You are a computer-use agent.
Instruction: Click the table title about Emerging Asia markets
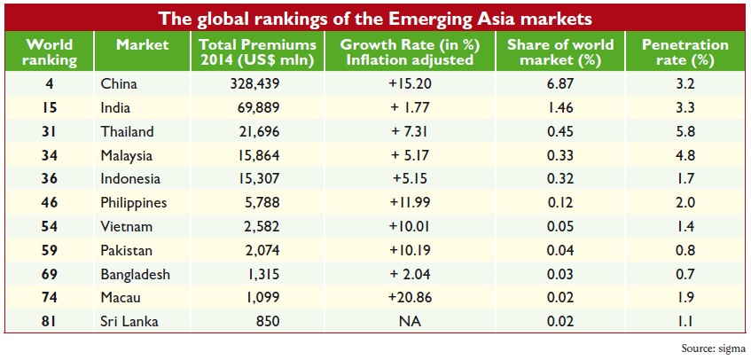coord(375,17)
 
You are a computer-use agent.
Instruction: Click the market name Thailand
coord(128,132)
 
